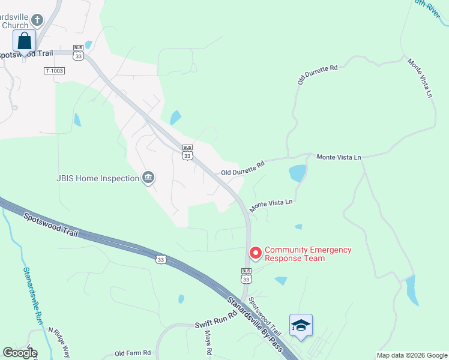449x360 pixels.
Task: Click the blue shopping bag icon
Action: [x=24, y=41]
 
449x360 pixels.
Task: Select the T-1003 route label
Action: [x=54, y=71]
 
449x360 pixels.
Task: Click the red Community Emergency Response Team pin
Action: [x=255, y=253]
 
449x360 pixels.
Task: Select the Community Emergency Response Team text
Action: [x=308, y=254]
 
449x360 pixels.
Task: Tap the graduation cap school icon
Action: [x=301, y=325]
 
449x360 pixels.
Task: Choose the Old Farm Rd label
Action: [x=133, y=353]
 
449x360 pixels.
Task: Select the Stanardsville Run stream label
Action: [x=32, y=295]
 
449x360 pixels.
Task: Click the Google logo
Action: [x=19, y=353]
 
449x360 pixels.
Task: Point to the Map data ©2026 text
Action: [x=411, y=355]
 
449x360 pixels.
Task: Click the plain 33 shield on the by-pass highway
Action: [x=160, y=259]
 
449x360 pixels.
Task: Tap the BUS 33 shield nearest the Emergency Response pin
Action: [x=246, y=274]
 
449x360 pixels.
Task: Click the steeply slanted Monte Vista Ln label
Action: [x=420, y=78]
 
